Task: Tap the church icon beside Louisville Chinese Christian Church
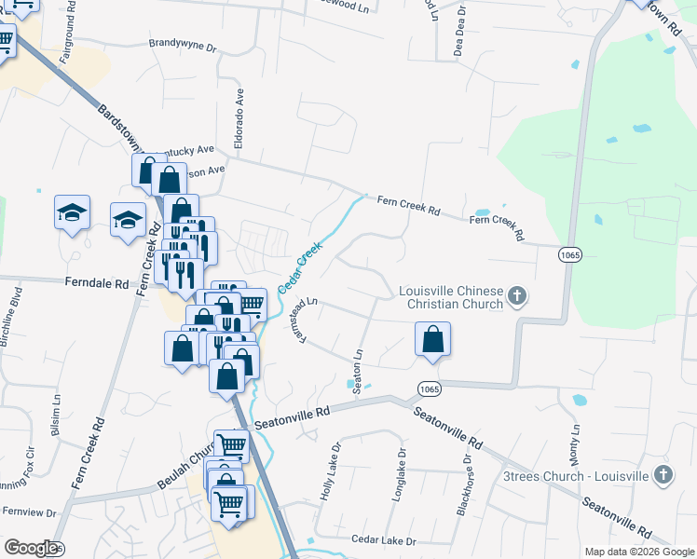coord(519,298)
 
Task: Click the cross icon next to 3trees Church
coord(663,474)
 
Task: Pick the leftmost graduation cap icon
coord(72,214)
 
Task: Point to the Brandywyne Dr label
coord(182,45)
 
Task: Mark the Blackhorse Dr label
coord(461,477)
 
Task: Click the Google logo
coord(31,548)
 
